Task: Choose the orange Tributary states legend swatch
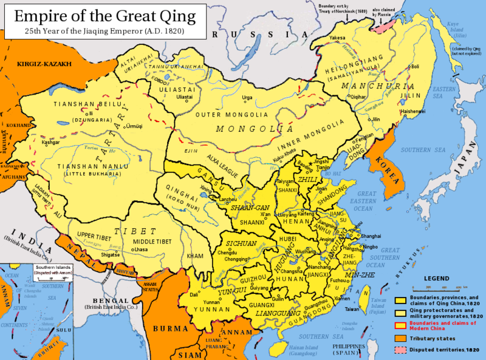pos(401,338)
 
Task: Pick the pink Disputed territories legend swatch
pos(401,350)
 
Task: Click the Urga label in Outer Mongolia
pos(247,97)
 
